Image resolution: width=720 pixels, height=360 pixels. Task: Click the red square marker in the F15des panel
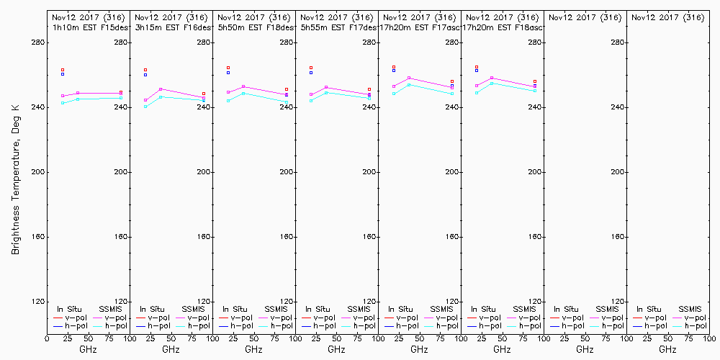(x=63, y=70)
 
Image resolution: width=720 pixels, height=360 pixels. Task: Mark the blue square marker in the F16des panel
(x=145, y=75)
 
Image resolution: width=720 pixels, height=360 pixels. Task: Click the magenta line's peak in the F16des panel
(x=161, y=89)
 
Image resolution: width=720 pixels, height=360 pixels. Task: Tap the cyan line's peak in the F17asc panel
(x=409, y=84)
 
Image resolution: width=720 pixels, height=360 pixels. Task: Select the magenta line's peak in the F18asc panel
(x=492, y=78)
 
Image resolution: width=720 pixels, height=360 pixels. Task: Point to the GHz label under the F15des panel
(x=88, y=349)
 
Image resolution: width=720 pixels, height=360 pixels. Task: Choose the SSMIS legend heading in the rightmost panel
(x=690, y=309)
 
